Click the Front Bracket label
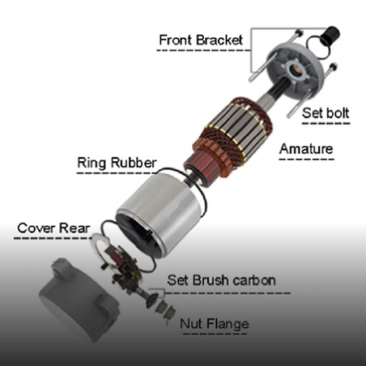(201, 40)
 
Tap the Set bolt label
(326, 113)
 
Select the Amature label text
(306, 149)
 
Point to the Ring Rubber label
(117, 163)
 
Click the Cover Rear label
(53, 228)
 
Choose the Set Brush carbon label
(221, 280)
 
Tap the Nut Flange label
(215, 323)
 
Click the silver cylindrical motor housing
(160, 213)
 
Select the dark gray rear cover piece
(79, 298)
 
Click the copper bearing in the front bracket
(295, 70)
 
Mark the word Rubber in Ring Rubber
(134, 163)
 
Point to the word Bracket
(219, 40)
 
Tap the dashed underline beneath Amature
(306, 160)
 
